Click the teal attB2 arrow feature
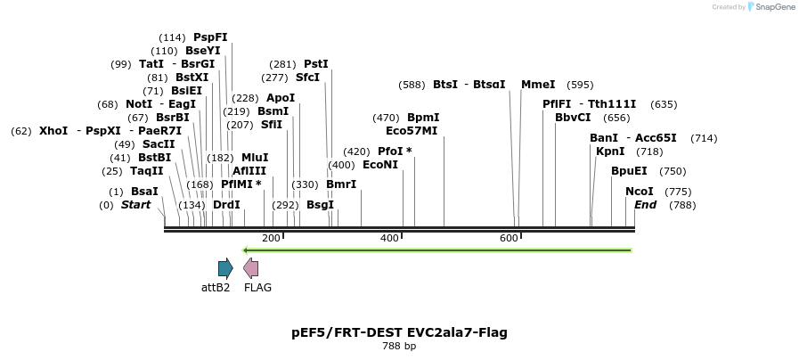click(x=225, y=267)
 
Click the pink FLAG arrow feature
click(x=251, y=267)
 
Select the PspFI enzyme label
click(x=210, y=37)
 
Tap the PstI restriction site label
click(x=315, y=64)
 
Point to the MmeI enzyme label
click(x=538, y=85)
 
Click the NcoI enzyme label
click(x=639, y=192)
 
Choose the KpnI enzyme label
click(x=610, y=151)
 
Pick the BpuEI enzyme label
click(x=629, y=171)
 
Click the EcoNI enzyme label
click(x=380, y=165)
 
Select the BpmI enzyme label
click(x=423, y=118)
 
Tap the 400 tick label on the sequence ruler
click(x=389, y=238)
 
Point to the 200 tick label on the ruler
click(x=271, y=238)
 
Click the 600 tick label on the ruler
click(x=509, y=238)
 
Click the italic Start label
click(x=135, y=205)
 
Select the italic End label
click(x=645, y=205)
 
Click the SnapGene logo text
click(x=770, y=7)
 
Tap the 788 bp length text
click(x=399, y=346)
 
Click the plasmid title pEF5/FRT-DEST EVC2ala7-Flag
click(x=399, y=332)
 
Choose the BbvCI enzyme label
click(x=573, y=118)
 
